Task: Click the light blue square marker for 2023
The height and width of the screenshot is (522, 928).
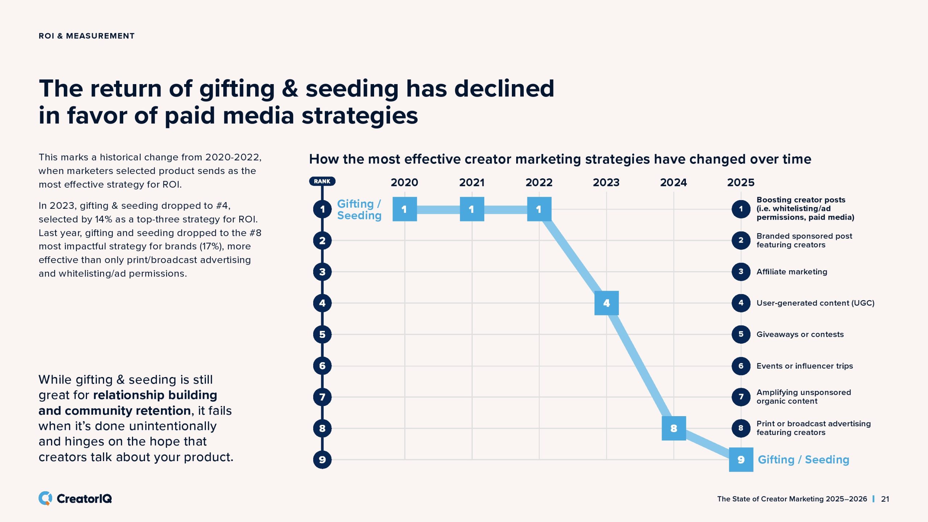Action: click(x=606, y=303)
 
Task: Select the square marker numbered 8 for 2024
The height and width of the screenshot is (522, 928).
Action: click(x=674, y=428)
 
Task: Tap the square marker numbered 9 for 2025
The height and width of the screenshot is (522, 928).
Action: click(x=741, y=460)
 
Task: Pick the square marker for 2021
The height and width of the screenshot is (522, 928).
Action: click(x=472, y=209)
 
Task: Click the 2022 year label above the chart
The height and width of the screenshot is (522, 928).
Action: click(x=539, y=182)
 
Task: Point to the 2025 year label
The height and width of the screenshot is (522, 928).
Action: click(x=741, y=182)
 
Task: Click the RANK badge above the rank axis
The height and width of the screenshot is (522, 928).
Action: click(x=322, y=181)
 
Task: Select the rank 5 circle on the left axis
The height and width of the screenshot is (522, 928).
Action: click(x=322, y=334)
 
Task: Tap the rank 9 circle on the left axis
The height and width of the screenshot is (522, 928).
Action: click(x=322, y=460)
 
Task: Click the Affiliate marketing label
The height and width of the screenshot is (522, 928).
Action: click(x=792, y=272)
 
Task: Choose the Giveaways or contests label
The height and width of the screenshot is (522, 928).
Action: click(x=800, y=334)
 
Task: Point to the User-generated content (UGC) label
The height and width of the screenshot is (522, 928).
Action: click(x=815, y=303)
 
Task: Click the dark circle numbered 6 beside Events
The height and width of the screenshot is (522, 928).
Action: click(x=741, y=366)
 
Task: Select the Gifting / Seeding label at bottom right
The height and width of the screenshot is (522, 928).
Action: click(x=803, y=460)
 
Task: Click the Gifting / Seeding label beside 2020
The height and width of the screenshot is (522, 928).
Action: click(x=359, y=210)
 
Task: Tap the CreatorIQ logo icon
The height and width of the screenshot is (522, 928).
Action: click(x=45, y=498)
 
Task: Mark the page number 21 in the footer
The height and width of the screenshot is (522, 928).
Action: click(x=885, y=499)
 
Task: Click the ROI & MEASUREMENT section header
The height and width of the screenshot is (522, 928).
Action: click(x=87, y=36)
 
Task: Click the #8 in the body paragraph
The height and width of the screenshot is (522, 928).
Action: click(x=255, y=233)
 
